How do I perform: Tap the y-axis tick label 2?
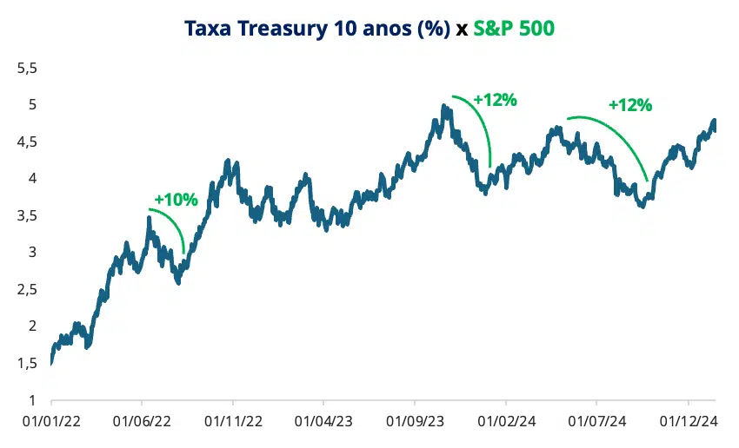click(x=32, y=326)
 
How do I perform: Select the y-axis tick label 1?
click(x=32, y=400)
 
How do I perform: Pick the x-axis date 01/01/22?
click(x=51, y=420)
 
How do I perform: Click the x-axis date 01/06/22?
click(x=142, y=420)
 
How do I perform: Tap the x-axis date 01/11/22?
click(x=233, y=420)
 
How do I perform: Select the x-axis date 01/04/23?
click(x=323, y=420)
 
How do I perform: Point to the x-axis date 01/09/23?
click(x=415, y=420)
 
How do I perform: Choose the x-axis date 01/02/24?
click(x=505, y=420)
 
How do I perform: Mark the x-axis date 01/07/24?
click(x=596, y=420)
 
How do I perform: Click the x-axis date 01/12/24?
click(x=688, y=420)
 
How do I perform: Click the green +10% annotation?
click(x=176, y=199)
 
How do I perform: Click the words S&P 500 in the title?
click(x=514, y=28)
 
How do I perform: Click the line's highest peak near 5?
click(x=444, y=108)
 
